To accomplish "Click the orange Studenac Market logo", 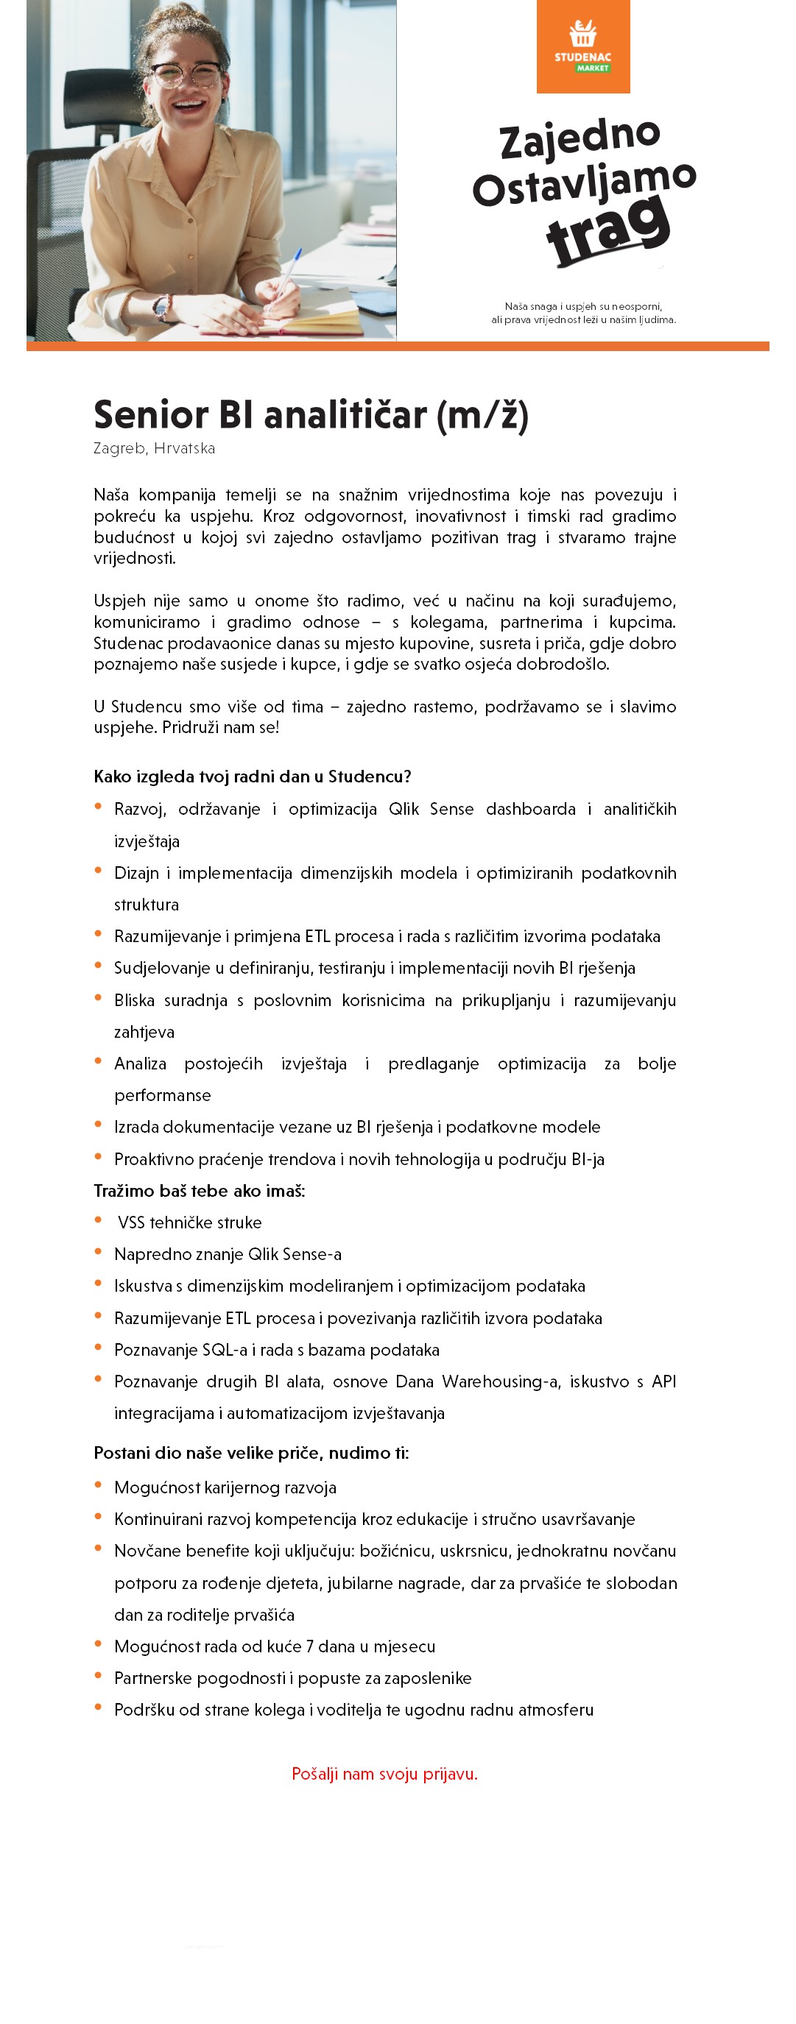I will coord(583,46).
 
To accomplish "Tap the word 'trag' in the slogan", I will coord(608,230).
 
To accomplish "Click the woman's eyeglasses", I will coord(187,74).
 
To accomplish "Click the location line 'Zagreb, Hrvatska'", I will coord(154,449).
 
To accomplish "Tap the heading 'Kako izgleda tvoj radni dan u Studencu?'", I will coord(253,776).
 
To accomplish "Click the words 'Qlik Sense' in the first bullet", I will coord(431,810).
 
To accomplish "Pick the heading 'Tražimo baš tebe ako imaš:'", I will coord(199,1190).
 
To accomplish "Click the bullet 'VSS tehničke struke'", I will coord(189,1222).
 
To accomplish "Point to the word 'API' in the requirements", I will coord(663,1381).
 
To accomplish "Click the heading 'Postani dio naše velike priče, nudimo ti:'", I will coord(250,1453).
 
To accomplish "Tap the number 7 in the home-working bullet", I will coord(309,1646).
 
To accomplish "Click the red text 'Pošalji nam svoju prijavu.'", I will coord(384,1773).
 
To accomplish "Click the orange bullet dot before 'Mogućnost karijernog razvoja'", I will coord(98,1485).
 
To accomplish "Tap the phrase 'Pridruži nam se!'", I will coord(221,728).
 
